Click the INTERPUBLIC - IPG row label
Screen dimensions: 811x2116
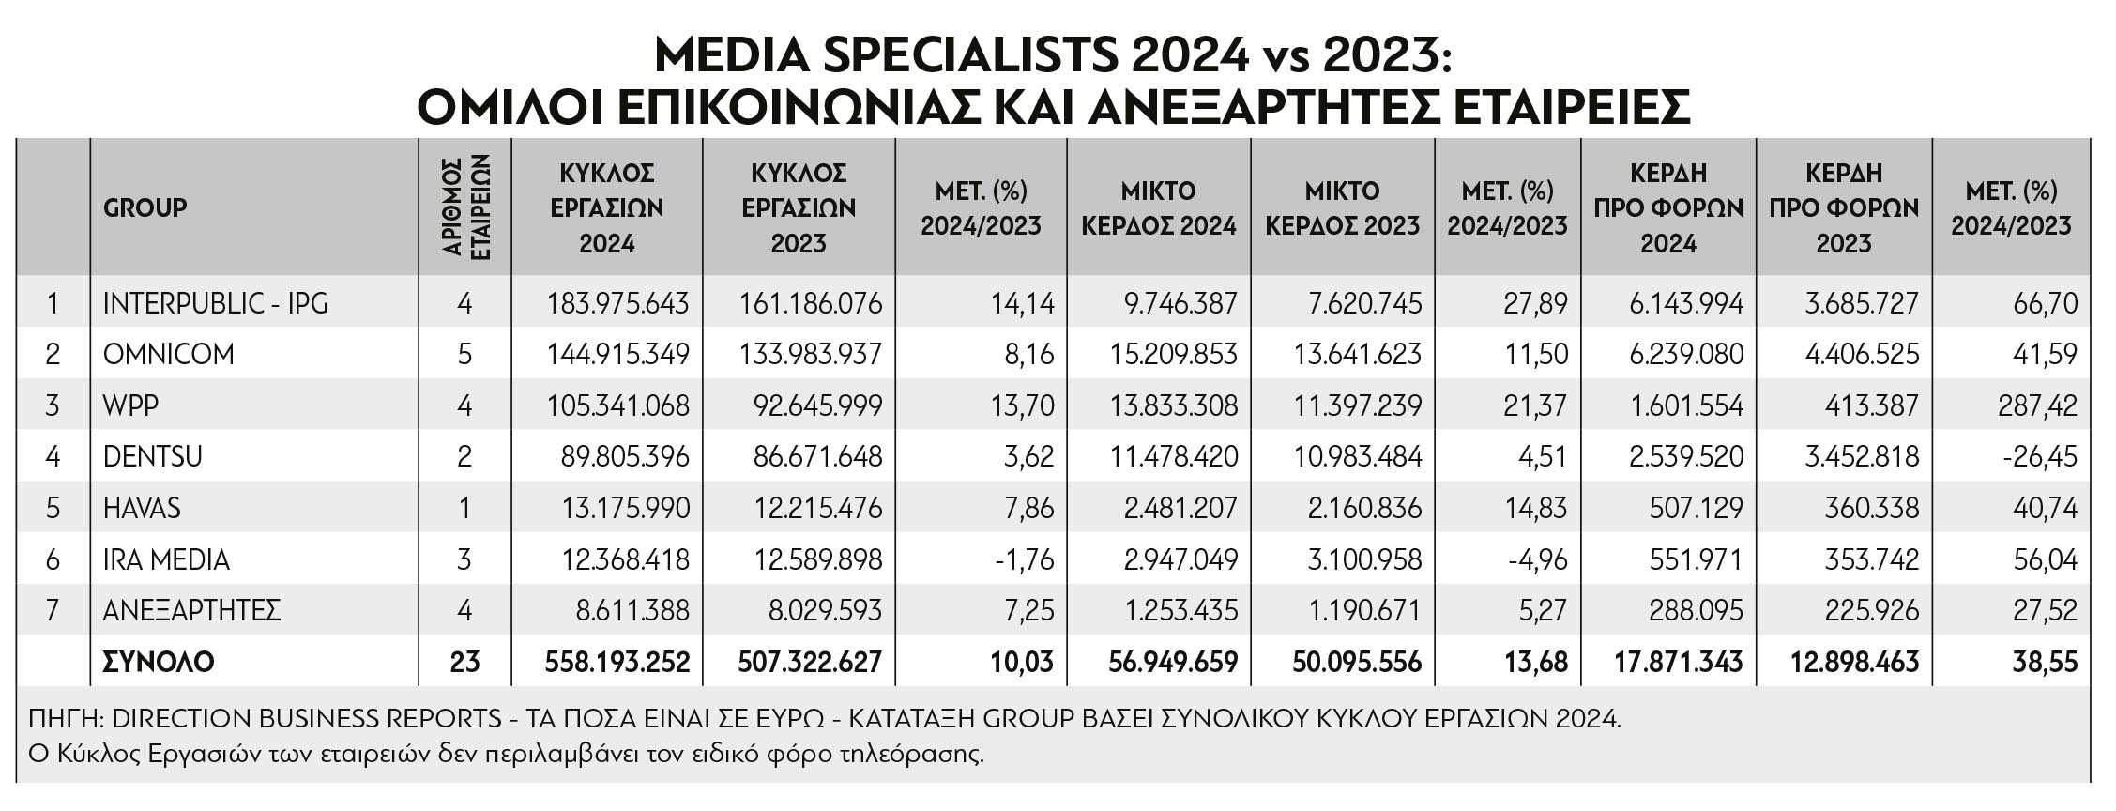click(x=216, y=303)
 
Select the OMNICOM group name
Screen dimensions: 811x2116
click(x=169, y=354)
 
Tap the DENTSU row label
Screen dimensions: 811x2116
click(x=153, y=456)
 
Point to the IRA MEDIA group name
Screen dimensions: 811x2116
click(x=166, y=559)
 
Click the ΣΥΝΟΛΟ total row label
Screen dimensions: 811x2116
click(x=159, y=662)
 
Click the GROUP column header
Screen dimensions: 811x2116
click(x=145, y=207)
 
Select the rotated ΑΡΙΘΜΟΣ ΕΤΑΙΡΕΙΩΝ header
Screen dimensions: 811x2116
click(x=465, y=207)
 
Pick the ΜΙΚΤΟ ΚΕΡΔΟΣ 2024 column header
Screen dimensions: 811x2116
click(x=1159, y=207)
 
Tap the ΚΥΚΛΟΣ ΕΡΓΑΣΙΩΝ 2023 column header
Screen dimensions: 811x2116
click(x=799, y=207)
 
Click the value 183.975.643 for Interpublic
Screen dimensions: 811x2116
click(x=617, y=303)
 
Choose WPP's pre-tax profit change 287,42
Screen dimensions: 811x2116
click(x=2039, y=405)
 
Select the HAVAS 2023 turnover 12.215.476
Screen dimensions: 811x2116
click(x=818, y=508)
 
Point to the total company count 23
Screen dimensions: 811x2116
click(x=465, y=662)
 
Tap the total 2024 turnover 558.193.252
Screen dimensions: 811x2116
click(x=617, y=662)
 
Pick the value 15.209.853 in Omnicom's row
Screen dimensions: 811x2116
click(x=1174, y=354)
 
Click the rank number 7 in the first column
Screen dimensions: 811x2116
click(x=53, y=610)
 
